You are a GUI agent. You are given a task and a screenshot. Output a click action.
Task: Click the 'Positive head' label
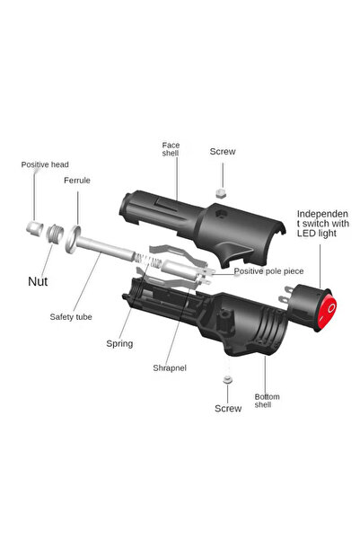(45, 164)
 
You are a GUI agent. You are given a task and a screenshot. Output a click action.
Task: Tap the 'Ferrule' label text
(76, 181)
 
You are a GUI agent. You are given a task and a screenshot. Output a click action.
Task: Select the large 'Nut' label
(38, 281)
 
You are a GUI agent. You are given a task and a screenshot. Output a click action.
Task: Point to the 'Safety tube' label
(70, 316)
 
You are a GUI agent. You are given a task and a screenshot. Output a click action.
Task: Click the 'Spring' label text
(119, 343)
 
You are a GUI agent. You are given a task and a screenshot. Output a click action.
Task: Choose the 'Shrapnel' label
(169, 367)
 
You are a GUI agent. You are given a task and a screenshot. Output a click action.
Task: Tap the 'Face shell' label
(171, 148)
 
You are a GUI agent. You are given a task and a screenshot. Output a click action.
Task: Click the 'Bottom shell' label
(267, 402)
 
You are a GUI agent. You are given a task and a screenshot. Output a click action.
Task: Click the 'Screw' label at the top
(223, 153)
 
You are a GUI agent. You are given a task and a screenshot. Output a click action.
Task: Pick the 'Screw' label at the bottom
(228, 408)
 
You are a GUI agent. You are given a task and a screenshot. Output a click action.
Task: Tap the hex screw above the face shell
(221, 193)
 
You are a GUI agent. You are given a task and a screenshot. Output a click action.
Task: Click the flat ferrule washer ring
(79, 236)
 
